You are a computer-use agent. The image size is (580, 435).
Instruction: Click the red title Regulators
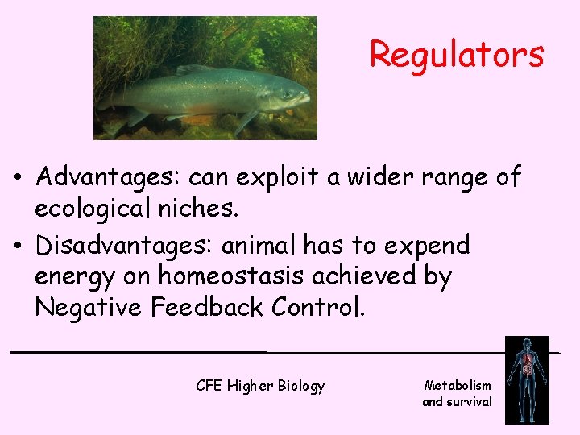coord(457,55)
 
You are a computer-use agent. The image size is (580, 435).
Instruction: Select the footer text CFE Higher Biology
coord(260,386)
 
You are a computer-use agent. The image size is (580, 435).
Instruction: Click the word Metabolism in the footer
coord(457,386)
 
